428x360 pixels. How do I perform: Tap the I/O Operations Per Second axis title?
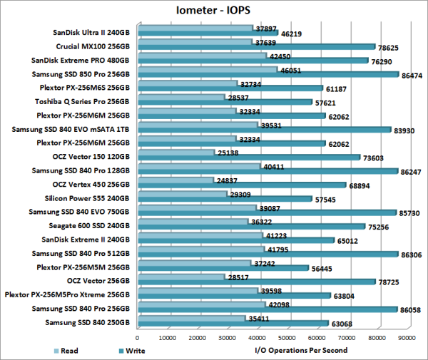[x=300, y=350]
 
